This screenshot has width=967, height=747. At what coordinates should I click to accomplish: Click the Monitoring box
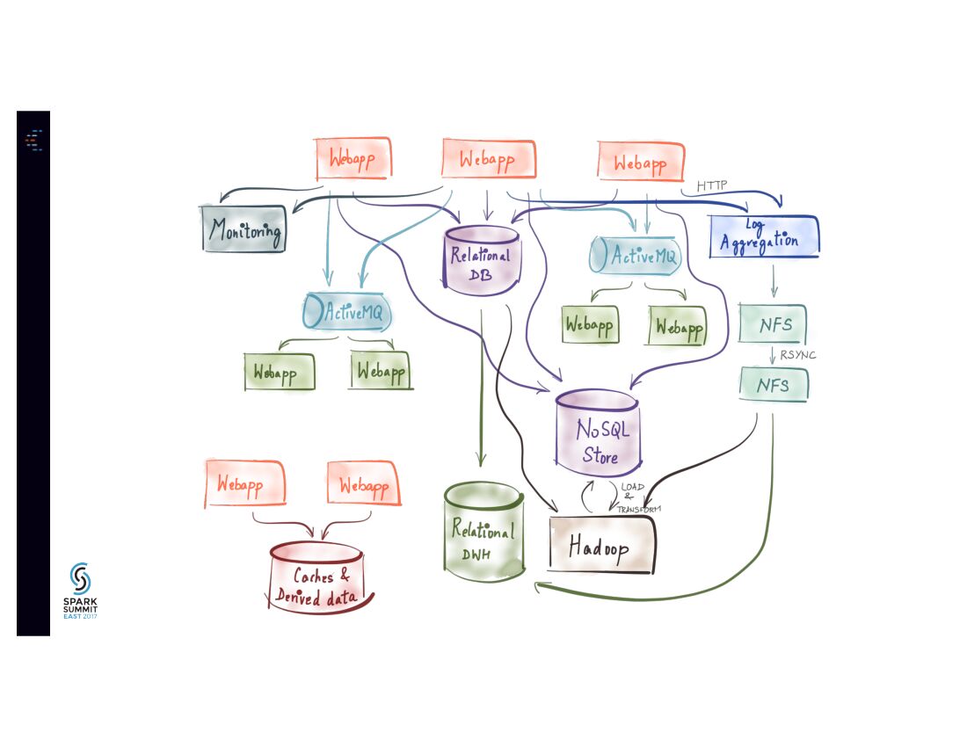[244, 229]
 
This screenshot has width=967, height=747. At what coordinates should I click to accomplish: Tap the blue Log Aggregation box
[763, 236]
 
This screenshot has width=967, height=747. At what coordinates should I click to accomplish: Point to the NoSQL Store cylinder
[598, 431]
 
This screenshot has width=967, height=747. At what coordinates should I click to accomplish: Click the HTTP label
[712, 186]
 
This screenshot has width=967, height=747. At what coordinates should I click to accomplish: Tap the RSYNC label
[798, 356]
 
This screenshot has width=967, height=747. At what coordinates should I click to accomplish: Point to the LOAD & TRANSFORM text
[638, 497]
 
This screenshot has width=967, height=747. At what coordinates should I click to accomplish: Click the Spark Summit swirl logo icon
[80, 578]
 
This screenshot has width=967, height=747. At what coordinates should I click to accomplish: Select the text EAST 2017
[80, 617]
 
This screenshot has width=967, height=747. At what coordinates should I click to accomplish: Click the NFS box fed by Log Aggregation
[774, 324]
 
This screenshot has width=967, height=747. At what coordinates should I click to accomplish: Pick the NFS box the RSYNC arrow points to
[774, 385]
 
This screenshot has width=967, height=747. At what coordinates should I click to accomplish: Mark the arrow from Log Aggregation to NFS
[774, 280]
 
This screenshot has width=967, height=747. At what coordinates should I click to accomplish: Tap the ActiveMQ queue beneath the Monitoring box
[346, 311]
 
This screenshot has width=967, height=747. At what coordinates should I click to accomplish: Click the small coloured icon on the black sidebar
[33, 140]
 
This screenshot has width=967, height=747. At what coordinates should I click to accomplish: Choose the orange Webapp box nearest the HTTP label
[640, 163]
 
